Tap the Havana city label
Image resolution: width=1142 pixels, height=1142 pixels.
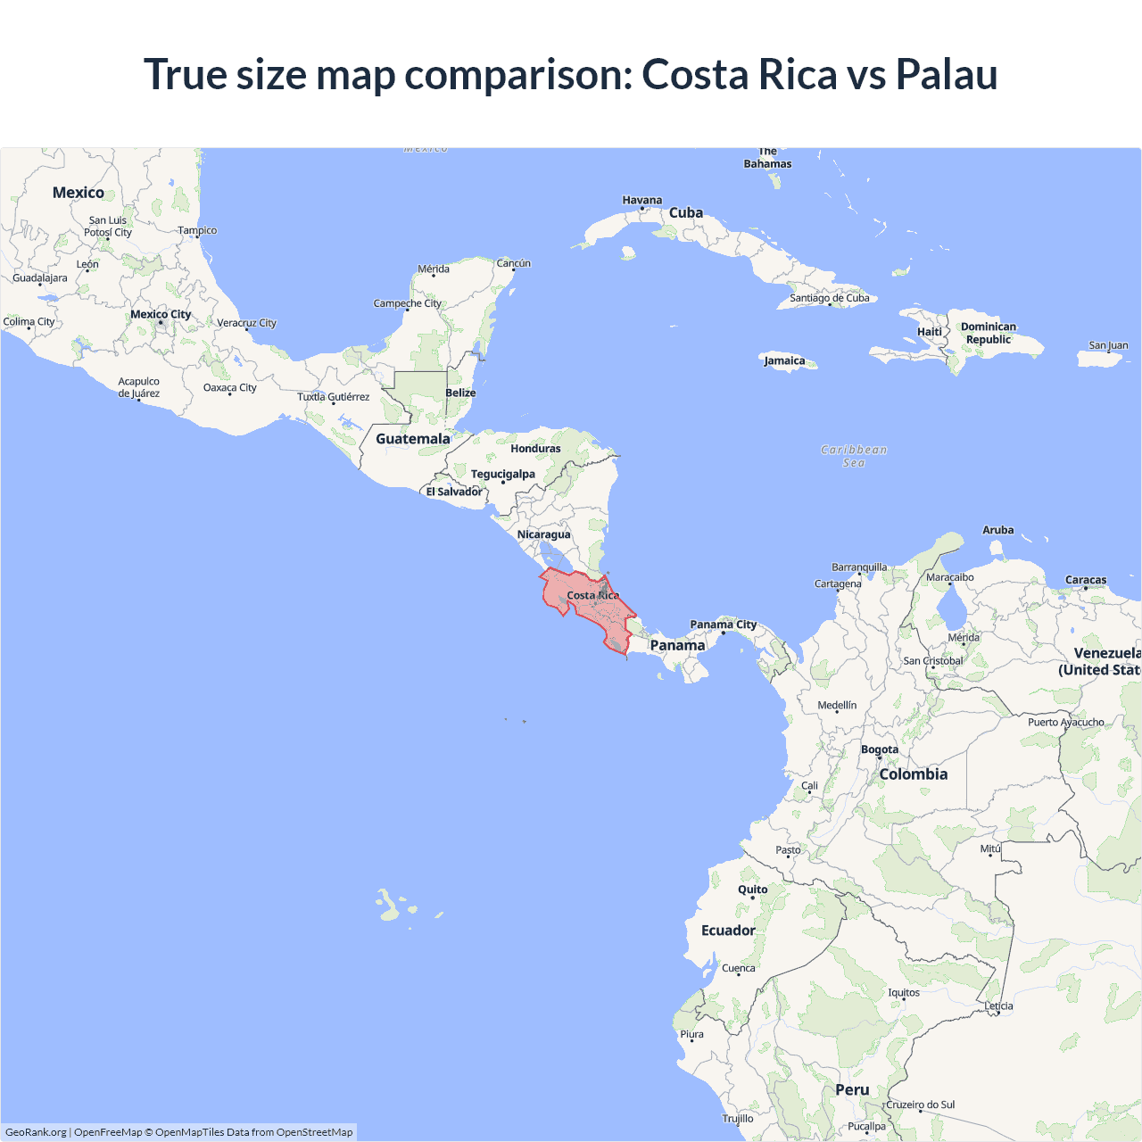pyautogui.click(x=642, y=200)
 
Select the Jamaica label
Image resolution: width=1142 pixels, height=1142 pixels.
pyautogui.click(x=784, y=360)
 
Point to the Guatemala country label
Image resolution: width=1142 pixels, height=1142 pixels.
pyautogui.click(x=413, y=439)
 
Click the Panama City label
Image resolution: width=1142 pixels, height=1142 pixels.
pyautogui.click(x=723, y=625)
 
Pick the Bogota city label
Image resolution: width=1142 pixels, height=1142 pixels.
pyautogui.click(x=880, y=749)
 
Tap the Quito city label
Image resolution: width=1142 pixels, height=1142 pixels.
pyautogui.click(x=752, y=890)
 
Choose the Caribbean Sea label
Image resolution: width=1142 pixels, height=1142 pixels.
pyautogui.click(x=854, y=456)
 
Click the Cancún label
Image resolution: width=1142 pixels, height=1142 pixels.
pyautogui.click(x=514, y=263)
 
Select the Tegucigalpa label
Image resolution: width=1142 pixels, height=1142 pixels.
pyautogui.click(x=503, y=474)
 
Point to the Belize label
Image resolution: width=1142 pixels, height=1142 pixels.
pyautogui.click(x=460, y=393)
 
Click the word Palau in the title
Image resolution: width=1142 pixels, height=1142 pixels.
pyautogui.click(x=947, y=74)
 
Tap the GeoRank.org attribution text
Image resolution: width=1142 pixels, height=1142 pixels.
pyautogui.click(x=36, y=1132)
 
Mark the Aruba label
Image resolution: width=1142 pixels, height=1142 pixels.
pyautogui.click(x=997, y=530)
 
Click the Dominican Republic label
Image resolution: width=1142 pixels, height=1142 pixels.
pyautogui.click(x=989, y=333)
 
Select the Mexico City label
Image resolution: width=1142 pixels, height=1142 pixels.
pyautogui.click(x=161, y=314)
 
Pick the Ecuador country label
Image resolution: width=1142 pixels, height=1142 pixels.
pyautogui.click(x=728, y=931)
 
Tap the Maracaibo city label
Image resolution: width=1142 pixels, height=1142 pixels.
pyautogui.click(x=950, y=577)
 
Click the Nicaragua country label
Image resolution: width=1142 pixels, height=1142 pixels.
pyautogui.click(x=543, y=534)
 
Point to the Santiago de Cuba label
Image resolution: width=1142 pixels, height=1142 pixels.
pyautogui.click(x=830, y=298)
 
